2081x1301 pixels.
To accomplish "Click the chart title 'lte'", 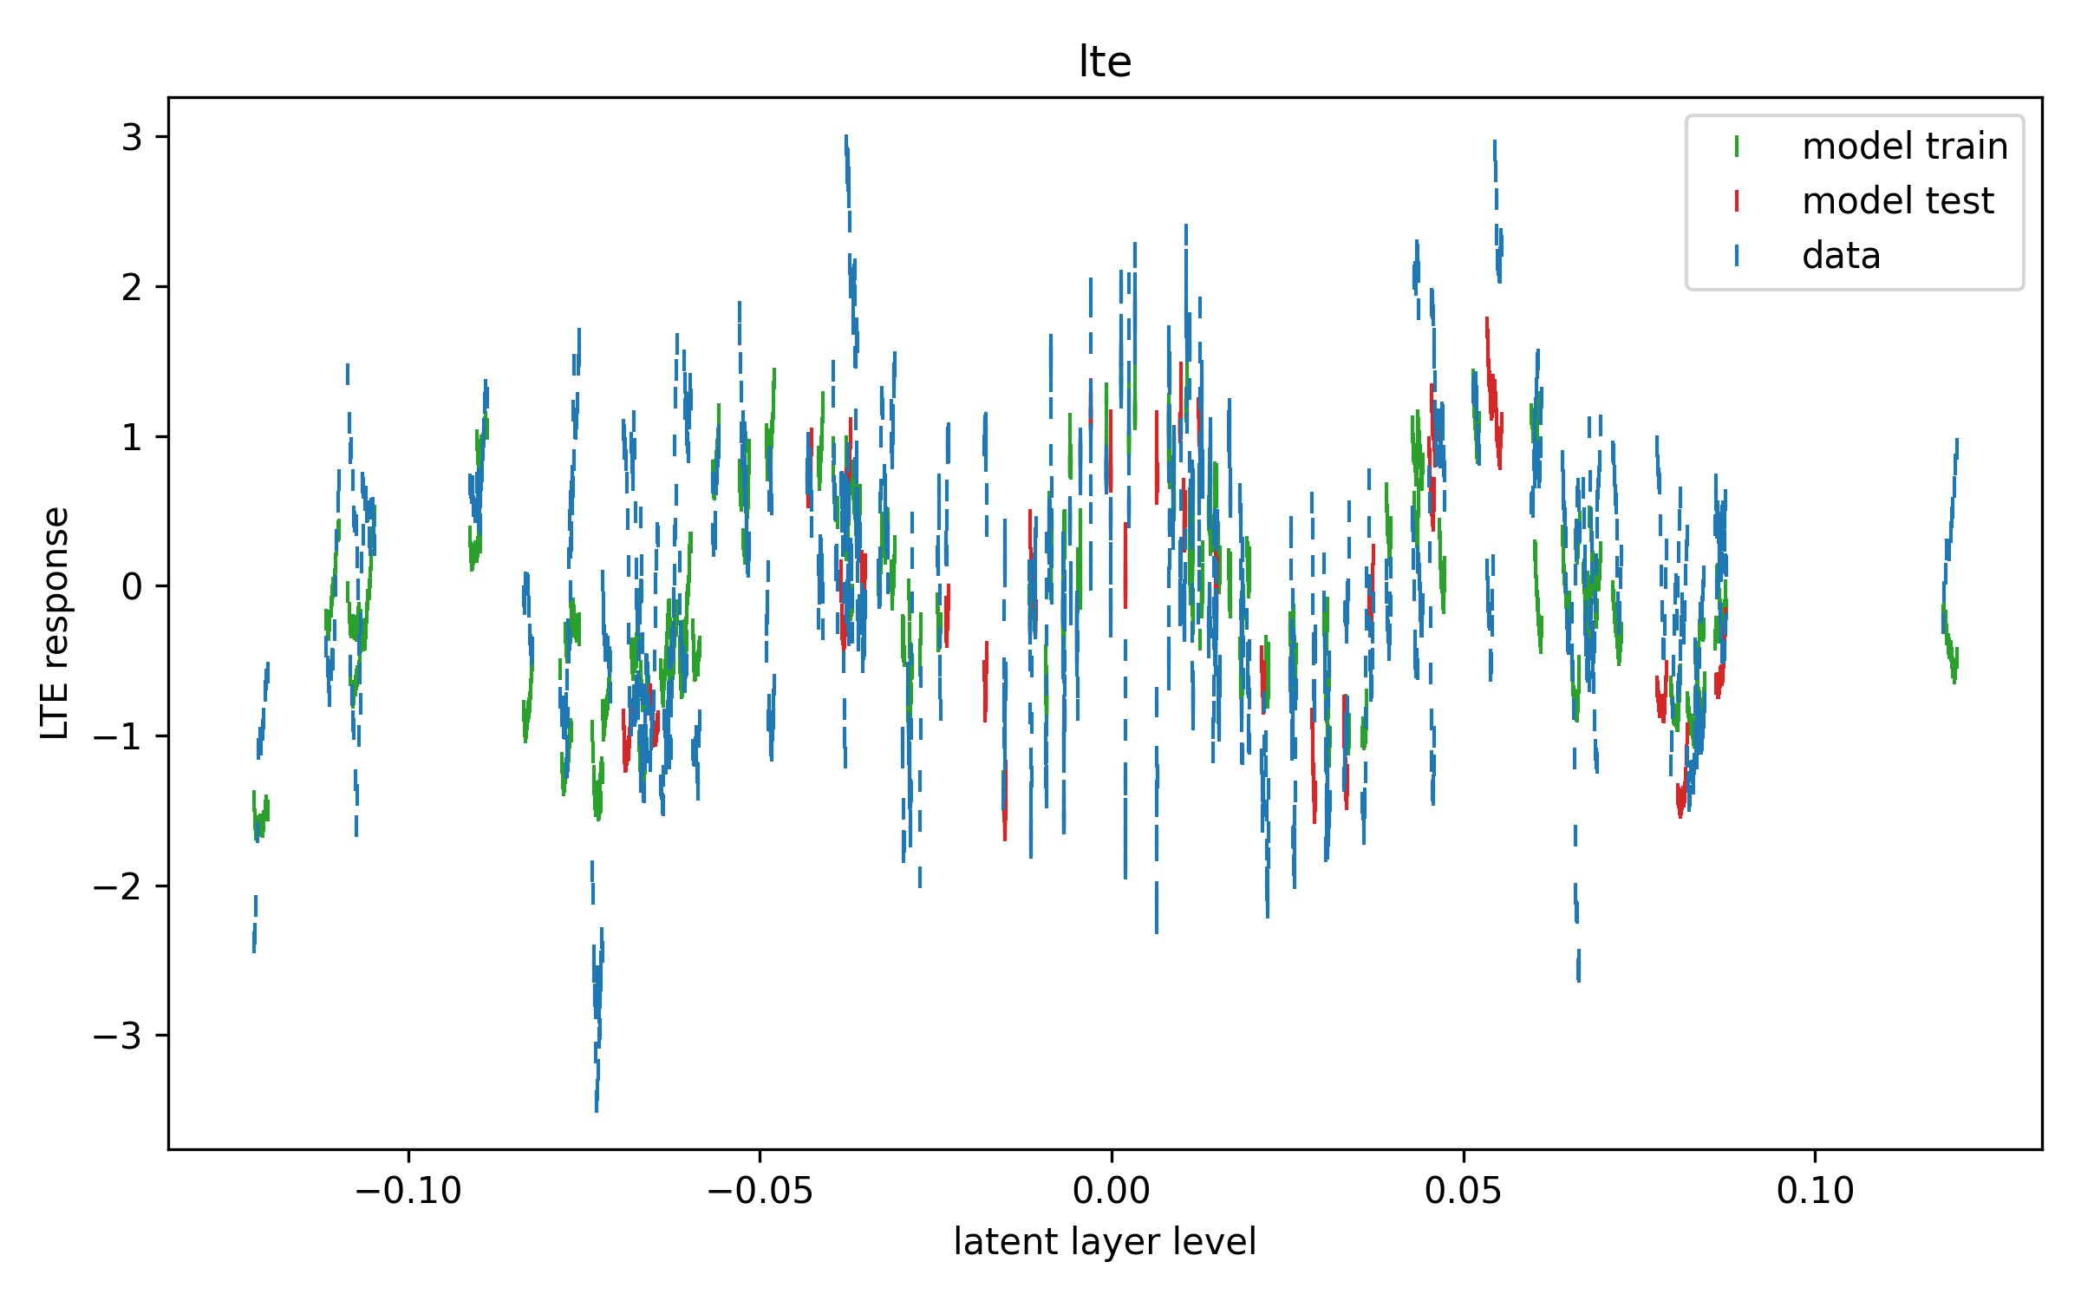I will (x=1105, y=62).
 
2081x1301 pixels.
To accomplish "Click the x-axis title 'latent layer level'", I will (x=1105, y=1242).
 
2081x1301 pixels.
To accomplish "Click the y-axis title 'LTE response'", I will (x=55, y=623).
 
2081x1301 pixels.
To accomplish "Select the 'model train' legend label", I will (x=1905, y=146).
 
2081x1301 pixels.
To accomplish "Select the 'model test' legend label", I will (x=1898, y=201).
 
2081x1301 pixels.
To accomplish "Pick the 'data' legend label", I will (x=1841, y=256).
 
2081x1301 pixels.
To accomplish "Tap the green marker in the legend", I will (x=1737, y=147).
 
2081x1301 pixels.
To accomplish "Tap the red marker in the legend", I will (x=1737, y=201).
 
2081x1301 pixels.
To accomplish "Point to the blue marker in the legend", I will (x=1737, y=256).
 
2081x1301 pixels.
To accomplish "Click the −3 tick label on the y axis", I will (x=118, y=1036).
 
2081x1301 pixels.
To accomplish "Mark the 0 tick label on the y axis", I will (x=132, y=586).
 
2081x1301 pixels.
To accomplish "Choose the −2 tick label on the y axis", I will (x=118, y=886).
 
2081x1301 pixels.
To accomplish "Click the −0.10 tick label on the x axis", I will (x=408, y=1191).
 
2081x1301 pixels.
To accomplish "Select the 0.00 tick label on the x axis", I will (x=1112, y=1191).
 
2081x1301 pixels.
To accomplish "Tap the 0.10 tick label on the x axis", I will (x=1815, y=1191).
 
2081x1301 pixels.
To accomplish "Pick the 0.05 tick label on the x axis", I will (x=1464, y=1191).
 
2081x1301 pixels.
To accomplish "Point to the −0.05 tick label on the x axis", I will (x=760, y=1191).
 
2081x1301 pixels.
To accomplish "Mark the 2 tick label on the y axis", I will (x=132, y=287).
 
